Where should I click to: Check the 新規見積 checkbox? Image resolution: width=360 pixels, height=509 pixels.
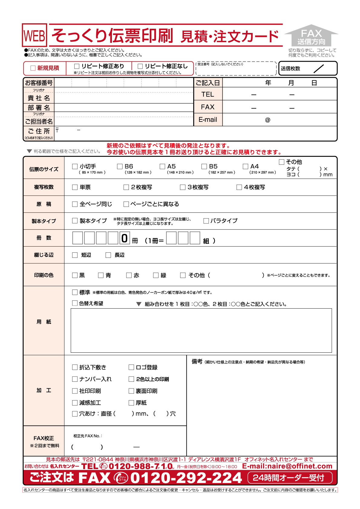(33, 68)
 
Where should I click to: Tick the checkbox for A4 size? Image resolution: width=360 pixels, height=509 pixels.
(245, 166)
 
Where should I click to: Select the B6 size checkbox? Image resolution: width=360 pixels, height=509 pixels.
(120, 166)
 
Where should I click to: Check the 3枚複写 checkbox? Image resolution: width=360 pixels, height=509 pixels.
(183, 187)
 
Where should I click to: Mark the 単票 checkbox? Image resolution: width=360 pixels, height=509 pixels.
(75, 187)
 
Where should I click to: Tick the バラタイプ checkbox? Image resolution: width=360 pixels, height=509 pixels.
(206, 221)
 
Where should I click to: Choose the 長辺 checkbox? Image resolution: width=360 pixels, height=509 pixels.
(108, 255)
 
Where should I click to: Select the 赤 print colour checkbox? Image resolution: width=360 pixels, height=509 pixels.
(129, 275)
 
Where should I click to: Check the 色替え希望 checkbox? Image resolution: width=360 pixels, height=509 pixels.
(75, 303)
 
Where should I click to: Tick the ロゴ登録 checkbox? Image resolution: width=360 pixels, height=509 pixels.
(131, 367)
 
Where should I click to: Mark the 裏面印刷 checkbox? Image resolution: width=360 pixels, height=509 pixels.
(131, 391)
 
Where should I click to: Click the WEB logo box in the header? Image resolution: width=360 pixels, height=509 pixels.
(34, 35)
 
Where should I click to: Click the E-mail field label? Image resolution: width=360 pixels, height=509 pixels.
(208, 120)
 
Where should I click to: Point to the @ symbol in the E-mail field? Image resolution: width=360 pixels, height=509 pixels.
(267, 120)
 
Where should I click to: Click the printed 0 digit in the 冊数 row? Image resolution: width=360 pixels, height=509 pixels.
(125, 238)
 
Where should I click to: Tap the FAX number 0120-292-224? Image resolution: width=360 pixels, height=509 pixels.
(186, 478)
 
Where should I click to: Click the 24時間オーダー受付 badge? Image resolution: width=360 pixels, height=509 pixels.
(290, 478)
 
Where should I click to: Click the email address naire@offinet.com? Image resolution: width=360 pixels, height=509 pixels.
(287, 466)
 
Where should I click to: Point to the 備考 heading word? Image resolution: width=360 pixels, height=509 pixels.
(197, 361)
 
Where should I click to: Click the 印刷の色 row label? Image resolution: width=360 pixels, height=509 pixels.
(44, 275)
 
